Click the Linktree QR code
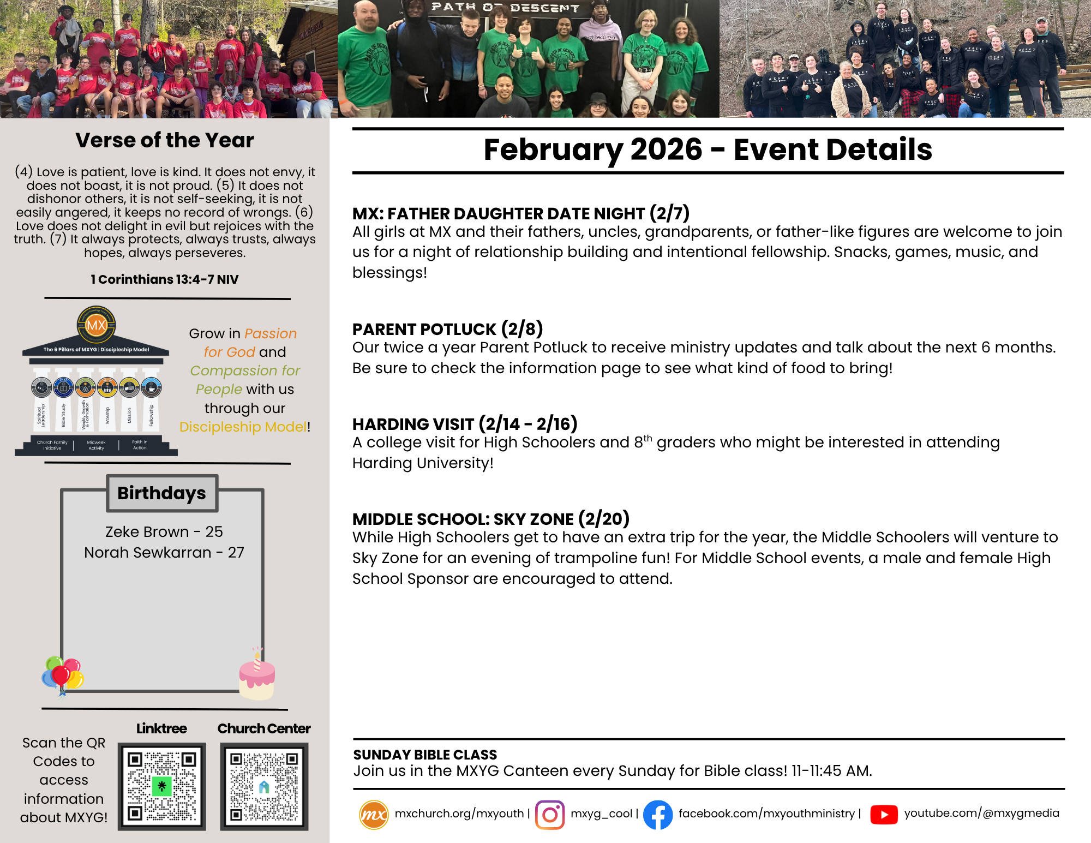(161, 786)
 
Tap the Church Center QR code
(264, 786)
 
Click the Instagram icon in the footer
(550, 815)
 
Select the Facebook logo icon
(657, 815)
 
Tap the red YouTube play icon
(884, 815)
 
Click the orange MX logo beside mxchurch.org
(374, 815)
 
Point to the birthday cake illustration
(257, 677)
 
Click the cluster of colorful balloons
(62, 675)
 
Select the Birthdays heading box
(162, 493)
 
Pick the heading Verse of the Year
(165, 140)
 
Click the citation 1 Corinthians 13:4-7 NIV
(165, 279)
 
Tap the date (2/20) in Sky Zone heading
(604, 518)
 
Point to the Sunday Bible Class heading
(425, 755)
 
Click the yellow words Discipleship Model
(243, 427)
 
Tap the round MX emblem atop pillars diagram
(96, 325)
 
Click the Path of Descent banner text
(505, 8)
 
